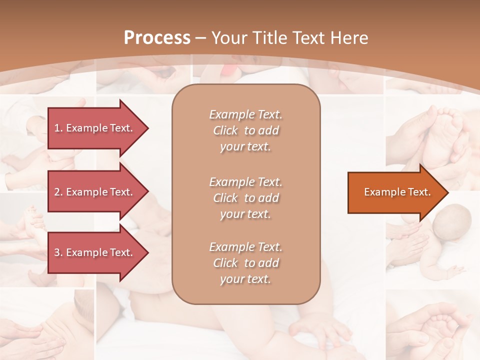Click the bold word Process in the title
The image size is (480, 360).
pos(157,38)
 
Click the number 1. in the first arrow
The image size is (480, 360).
pos(58,128)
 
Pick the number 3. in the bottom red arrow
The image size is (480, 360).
pos(58,252)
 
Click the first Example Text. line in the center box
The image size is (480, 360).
pos(245,114)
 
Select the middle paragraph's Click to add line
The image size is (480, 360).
pos(245,198)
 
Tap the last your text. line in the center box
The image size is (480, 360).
pos(245,279)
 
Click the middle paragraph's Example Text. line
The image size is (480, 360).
pos(245,181)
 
